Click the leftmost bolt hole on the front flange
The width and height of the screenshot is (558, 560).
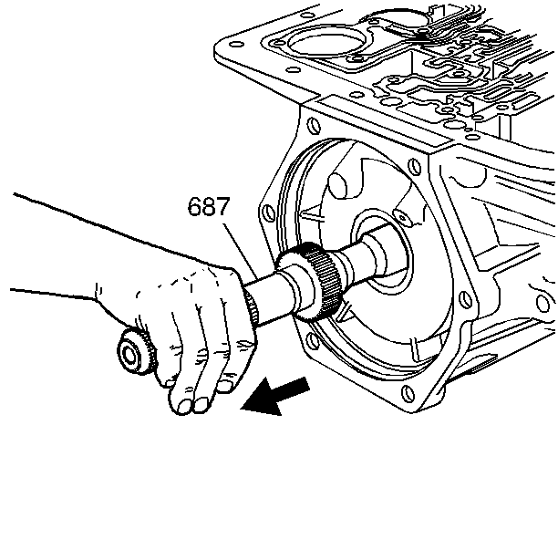coord(267,216)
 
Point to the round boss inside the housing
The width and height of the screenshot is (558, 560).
coord(338,187)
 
